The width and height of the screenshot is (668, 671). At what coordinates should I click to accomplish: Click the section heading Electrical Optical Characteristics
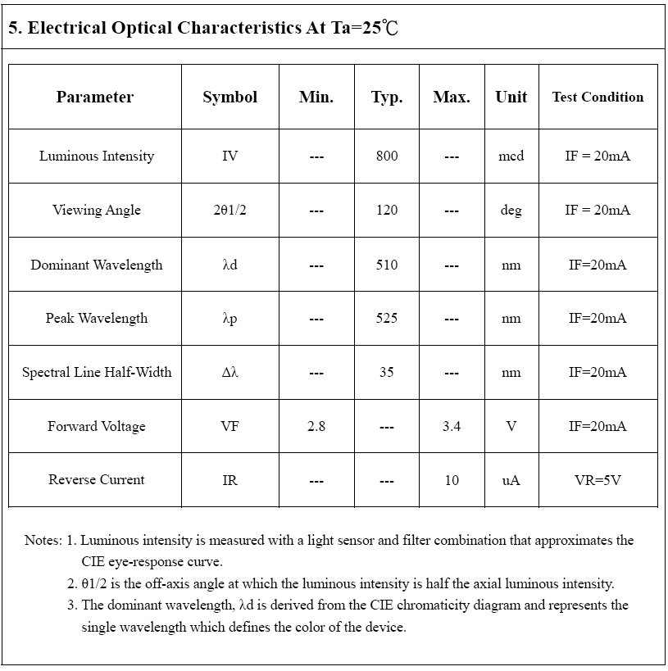pyautogui.click(x=203, y=28)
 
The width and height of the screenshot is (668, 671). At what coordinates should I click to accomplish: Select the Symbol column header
pyautogui.click(x=229, y=97)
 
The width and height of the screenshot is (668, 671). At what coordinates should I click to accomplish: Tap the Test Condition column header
pyautogui.click(x=598, y=97)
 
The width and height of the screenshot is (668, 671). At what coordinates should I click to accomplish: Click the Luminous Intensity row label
pyautogui.click(x=97, y=156)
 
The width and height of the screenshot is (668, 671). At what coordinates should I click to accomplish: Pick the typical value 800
pyautogui.click(x=387, y=156)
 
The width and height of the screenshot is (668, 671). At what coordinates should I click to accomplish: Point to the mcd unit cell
pyautogui.click(x=511, y=156)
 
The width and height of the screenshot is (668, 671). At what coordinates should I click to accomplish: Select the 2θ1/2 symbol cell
pyautogui.click(x=229, y=210)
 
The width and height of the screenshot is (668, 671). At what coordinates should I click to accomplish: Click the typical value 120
pyautogui.click(x=387, y=210)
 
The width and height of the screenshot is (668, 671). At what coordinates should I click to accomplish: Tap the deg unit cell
pyautogui.click(x=511, y=210)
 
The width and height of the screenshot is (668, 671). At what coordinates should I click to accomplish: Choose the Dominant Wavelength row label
pyautogui.click(x=97, y=265)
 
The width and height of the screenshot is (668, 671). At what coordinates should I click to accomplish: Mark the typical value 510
pyautogui.click(x=387, y=265)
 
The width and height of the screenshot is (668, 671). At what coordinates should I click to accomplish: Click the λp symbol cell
pyautogui.click(x=229, y=318)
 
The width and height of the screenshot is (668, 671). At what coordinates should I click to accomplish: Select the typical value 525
pyautogui.click(x=387, y=318)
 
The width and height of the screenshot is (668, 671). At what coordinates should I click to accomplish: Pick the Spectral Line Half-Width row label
pyautogui.click(x=97, y=372)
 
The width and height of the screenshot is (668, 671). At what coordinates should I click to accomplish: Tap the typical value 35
pyautogui.click(x=387, y=372)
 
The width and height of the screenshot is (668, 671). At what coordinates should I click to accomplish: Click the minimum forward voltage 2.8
pyautogui.click(x=316, y=426)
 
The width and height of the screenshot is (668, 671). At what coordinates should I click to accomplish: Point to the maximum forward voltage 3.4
pyautogui.click(x=452, y=426)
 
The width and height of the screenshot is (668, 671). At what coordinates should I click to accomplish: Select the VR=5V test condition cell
pyautogui.click(x=598, y=480)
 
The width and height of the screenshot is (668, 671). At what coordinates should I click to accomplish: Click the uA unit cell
pyautogui.click(x=511, y=480)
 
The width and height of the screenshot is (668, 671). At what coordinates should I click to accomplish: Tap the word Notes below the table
pyautogui.click(x=43, y=541)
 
